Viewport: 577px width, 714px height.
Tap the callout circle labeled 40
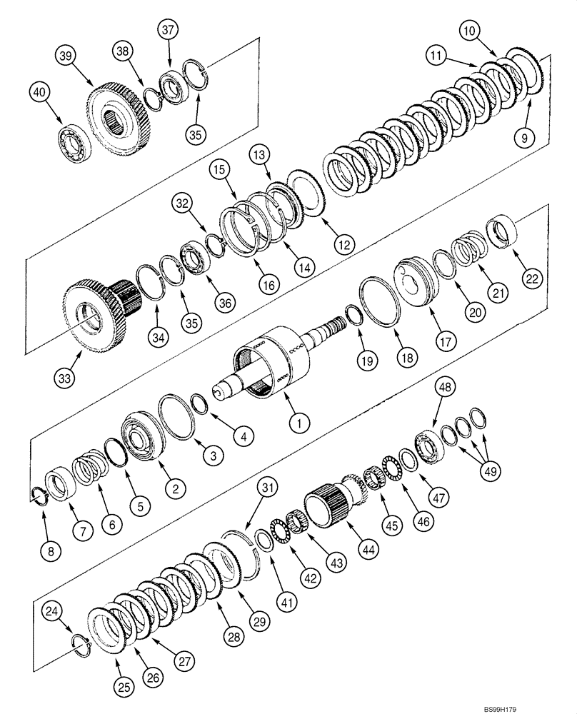(40, 91)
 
